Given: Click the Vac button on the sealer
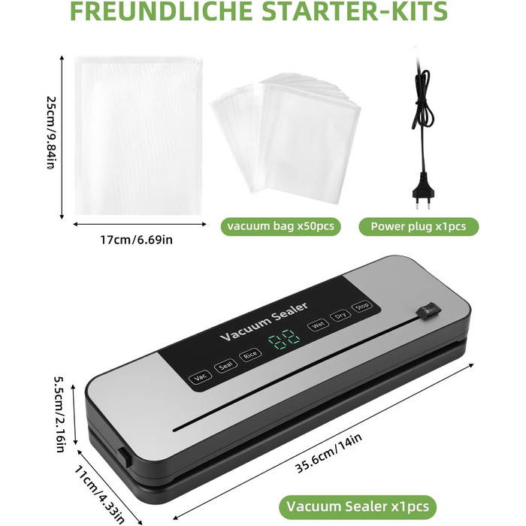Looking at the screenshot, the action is pyautogui.click(x=201, y=376).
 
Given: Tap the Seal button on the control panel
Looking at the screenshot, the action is pyautogui.click(x=225, y=367).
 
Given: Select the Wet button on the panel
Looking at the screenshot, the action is pyautogui.click(x=318, y=325).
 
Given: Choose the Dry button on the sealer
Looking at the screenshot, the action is pyautogui.click(x=340, y=316).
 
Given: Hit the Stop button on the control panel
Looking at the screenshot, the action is pyautogui.click(x=361, y=306).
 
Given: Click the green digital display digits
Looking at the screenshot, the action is pyautogui.click(x=284, y=340).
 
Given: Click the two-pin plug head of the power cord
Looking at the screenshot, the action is pyautogui.click(x=423, y=195).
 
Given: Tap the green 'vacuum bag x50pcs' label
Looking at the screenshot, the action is pyautogui.click(x=280, y=226).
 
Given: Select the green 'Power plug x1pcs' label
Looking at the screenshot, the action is pyautogui.click(x=419, y=226).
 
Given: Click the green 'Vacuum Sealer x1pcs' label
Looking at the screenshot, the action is pyautogui.click(x=358, y=506).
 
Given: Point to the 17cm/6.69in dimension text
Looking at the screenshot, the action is pyautogui.click(x=137, y=240).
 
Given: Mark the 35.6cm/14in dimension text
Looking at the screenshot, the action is pyautogui.click(x=329, y=453).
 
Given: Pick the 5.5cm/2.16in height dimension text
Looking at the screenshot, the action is pyautogui.click(x=60, y=414).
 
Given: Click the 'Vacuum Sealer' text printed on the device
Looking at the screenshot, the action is pyautogui.click(x=264, y=322).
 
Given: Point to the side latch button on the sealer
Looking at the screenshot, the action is pyautogui.click(x=124, y=457).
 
